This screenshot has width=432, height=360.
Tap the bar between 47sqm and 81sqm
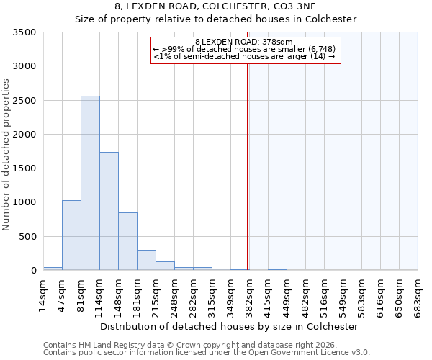click(71, 235)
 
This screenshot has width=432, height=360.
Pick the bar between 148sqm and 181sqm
click(127, 241)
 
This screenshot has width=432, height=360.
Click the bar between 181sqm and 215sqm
click(146, 260)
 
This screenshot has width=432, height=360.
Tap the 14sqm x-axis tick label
click(43, 294)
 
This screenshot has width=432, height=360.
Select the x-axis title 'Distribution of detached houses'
click(228, 326)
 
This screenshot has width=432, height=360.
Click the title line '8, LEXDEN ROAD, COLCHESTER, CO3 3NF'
click(216, 6)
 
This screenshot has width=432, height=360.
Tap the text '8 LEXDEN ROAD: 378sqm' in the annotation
click(244, 42)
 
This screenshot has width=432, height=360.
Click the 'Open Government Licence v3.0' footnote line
click(207, 352)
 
